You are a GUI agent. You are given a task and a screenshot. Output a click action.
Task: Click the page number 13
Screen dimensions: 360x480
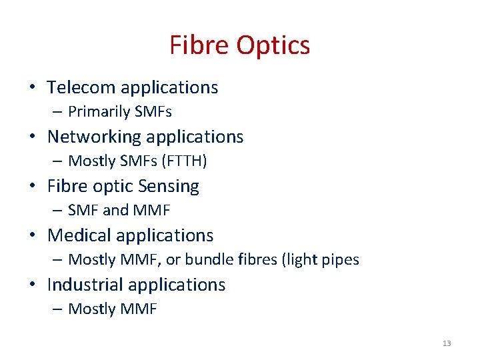(x=447, y=343)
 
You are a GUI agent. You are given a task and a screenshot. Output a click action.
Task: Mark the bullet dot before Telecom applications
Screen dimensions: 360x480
(x=33, y=88)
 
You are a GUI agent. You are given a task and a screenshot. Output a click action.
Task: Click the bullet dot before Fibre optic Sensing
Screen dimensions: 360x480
(x=33, y=187)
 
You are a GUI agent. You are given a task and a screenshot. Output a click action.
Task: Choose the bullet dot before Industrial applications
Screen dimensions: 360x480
(x=33, y=285)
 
